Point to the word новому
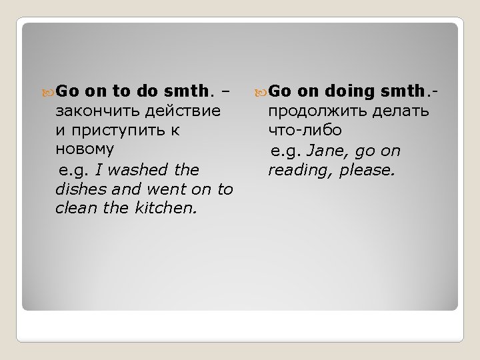85,149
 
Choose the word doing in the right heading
351,91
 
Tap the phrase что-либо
305,130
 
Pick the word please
367,170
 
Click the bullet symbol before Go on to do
48,91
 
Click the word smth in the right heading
406,91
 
